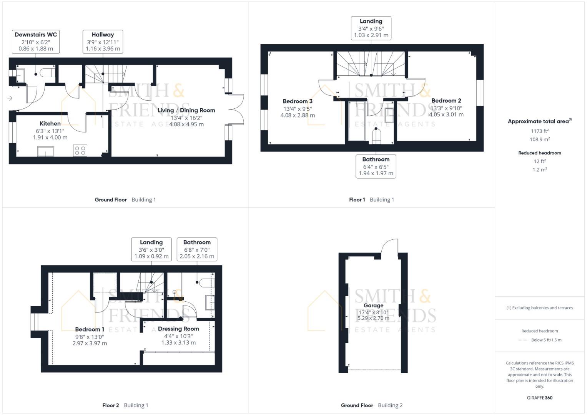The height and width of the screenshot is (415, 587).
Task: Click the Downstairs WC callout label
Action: point(36,41)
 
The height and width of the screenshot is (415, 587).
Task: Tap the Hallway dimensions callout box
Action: point(103,41)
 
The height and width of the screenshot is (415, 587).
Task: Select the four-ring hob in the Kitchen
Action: point(80,150)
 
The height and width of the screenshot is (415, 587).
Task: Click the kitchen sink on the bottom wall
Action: point(45,151)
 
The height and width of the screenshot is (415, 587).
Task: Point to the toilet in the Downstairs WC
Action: point(48,73)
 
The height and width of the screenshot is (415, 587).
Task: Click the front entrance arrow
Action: point(10,98)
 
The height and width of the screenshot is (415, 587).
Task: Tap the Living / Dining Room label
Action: point(186,110)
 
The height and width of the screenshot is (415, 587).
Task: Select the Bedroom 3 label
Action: point(298,101)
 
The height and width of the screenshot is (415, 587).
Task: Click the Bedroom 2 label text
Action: point(446,101)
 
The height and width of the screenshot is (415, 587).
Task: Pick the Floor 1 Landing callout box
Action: point(371,28)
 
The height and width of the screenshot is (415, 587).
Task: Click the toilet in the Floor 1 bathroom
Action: point(376,136)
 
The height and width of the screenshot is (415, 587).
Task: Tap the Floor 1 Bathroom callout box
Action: point(376,166)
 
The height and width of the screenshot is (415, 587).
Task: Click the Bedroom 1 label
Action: point(90,329)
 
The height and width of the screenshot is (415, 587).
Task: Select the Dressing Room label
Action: point(178,329)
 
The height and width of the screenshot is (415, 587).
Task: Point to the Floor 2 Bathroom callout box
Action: point(197,249)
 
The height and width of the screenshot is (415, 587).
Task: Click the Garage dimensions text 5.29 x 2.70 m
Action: point(373,318)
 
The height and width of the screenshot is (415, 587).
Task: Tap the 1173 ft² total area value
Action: point(539,131)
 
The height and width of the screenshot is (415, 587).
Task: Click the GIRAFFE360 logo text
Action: point(539,398)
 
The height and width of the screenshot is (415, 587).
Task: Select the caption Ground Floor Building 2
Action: point(372,405)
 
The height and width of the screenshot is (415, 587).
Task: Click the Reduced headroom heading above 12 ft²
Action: point(539,153)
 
